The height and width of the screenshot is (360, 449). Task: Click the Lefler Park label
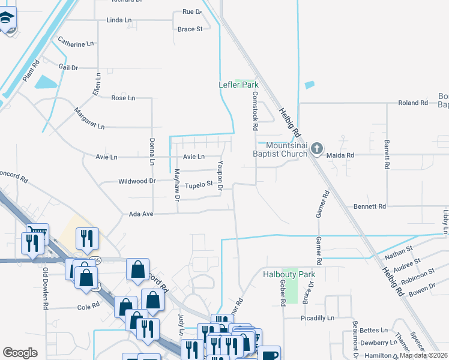[238, 85]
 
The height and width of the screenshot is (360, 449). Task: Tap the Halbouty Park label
[289, 275]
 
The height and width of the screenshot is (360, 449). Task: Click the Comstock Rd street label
[255, 112]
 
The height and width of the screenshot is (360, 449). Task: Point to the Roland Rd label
[413, 103]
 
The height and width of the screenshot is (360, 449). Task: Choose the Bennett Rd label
[370, 206]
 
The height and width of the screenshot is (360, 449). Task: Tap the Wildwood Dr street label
[137, 181]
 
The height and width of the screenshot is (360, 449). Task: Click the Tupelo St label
[199, 184]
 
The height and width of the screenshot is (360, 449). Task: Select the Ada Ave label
[142, 214]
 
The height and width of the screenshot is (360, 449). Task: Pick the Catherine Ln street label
[76, 43]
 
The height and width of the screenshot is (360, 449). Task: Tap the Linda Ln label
[119, 20]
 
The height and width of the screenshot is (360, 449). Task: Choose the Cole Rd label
[88, 307]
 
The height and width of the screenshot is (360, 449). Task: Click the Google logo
[20, 353]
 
